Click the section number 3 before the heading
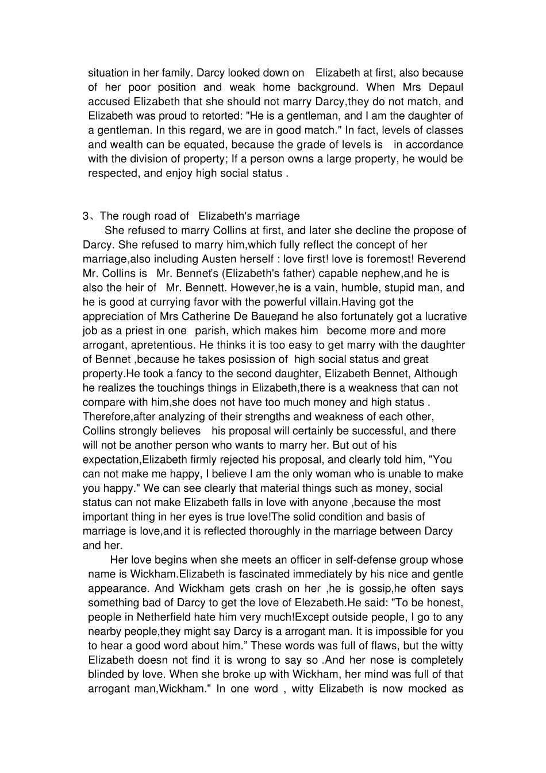[86, 216]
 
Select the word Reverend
[440, 259]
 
